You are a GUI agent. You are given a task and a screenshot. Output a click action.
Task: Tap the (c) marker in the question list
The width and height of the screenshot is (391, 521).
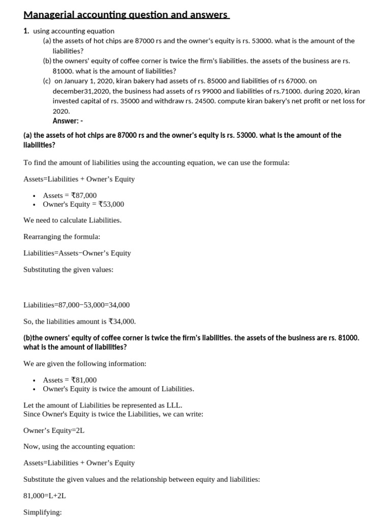point(47,81)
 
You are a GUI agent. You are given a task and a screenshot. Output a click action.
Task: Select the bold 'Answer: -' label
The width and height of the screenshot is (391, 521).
point(68,121)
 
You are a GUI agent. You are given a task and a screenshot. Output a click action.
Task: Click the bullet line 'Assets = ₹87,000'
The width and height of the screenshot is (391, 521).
point(70,195)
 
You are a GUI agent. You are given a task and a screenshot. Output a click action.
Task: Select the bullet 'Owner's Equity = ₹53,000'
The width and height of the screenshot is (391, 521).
point(83,205)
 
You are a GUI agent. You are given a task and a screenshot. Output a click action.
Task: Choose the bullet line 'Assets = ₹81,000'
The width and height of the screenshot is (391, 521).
point(70,380)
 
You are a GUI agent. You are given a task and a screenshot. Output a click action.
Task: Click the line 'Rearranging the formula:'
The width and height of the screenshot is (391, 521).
point(62,237)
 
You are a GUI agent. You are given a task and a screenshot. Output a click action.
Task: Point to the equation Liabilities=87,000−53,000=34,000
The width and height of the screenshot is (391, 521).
point(76,305)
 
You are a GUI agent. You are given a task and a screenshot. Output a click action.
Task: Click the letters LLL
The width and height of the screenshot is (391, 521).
point(173,406)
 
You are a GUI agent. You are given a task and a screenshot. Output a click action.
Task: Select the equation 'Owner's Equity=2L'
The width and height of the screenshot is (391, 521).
point(54,430)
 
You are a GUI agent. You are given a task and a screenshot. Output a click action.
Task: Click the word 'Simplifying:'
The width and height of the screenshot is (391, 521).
point(42,512)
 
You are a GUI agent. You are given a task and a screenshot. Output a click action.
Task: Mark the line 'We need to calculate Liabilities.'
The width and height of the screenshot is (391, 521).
point(72,220)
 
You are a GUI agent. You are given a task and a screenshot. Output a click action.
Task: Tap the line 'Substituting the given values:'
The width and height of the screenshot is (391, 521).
point(68,270)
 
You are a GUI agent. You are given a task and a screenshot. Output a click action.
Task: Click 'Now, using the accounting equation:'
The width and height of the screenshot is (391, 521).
point(79,447)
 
